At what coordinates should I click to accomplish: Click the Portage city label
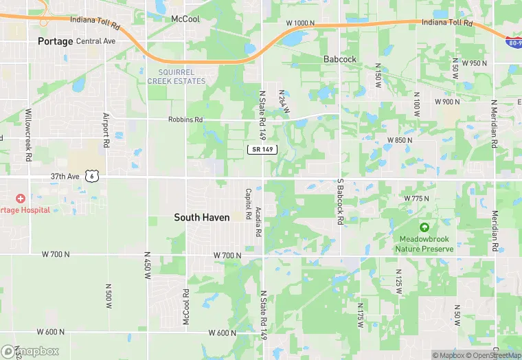point(55,41)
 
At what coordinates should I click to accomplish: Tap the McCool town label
point(185,19)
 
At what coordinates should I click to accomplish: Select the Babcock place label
point(340,59)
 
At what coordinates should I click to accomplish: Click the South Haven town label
point(201,217)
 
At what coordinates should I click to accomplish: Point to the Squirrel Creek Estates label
point(176,76)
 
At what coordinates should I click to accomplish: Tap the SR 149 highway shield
point(262,150)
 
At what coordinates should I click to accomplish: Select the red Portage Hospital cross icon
point(21,198)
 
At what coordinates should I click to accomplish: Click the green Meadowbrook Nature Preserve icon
point(424,227)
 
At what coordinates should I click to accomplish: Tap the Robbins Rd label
point(185,120)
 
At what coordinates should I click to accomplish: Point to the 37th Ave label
point(64,176)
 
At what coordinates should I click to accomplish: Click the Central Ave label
point(96,41)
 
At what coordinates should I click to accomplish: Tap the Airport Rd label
point(106,131)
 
